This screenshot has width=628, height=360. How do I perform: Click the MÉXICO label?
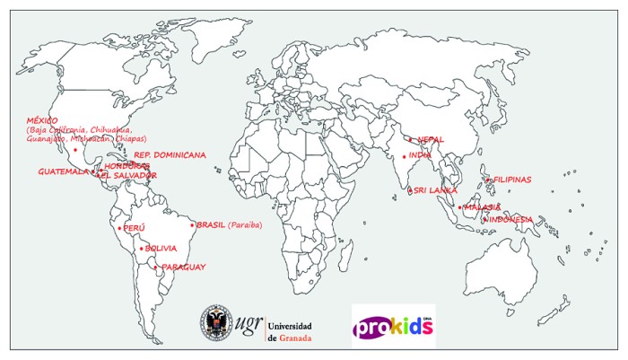coord(42,119)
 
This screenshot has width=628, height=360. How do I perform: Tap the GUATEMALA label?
coord(63,171)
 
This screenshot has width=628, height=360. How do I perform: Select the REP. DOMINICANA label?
coord(170,154)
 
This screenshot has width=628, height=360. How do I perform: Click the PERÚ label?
coord(134,228)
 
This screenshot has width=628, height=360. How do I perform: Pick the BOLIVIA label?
coord(161,248)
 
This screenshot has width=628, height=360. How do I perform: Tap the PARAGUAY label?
coord(184,267)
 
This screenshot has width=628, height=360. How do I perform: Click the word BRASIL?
coord(211,224)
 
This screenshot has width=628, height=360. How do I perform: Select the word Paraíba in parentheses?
coord(246,224)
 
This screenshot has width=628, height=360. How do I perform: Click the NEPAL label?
coord(431,139)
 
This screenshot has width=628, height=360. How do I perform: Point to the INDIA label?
coord(420,155)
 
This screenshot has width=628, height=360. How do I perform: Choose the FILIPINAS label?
coord(512,180)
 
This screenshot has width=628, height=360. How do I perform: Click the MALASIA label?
coord(483,207)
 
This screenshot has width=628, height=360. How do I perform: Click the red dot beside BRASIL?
coord(193,224)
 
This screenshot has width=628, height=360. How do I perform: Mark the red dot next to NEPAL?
coord(411,139)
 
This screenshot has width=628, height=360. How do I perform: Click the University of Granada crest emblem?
coord(216,324)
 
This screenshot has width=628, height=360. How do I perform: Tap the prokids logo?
coord(393,325)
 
